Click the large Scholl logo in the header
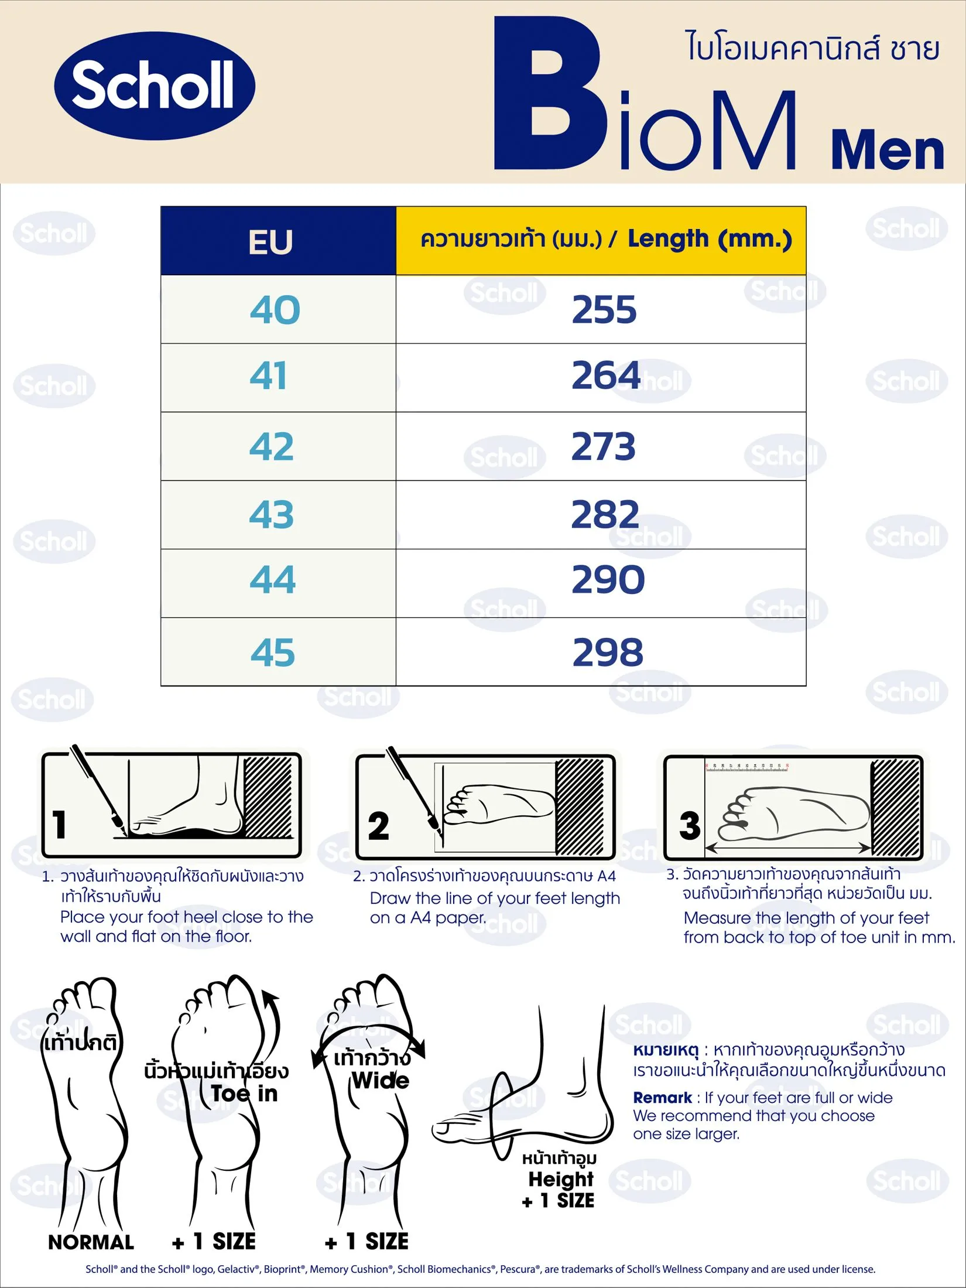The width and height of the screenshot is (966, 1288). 155,86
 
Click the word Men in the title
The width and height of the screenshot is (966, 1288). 887,151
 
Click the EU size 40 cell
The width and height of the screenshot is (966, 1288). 275,309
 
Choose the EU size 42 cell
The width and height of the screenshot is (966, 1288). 272,446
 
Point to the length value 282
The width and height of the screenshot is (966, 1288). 605,514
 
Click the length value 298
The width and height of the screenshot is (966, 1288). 608,652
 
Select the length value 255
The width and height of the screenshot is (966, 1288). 604,309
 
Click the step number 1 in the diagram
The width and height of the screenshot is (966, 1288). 59,824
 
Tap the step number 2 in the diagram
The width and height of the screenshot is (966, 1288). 378,826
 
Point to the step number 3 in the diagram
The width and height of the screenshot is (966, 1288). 690,825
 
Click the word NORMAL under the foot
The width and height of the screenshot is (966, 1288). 91,1242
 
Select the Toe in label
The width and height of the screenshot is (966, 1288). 244,1094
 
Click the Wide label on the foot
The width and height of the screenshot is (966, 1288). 381,1080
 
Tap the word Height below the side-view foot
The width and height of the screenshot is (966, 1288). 561,1178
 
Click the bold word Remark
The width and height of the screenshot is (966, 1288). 663,1098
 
